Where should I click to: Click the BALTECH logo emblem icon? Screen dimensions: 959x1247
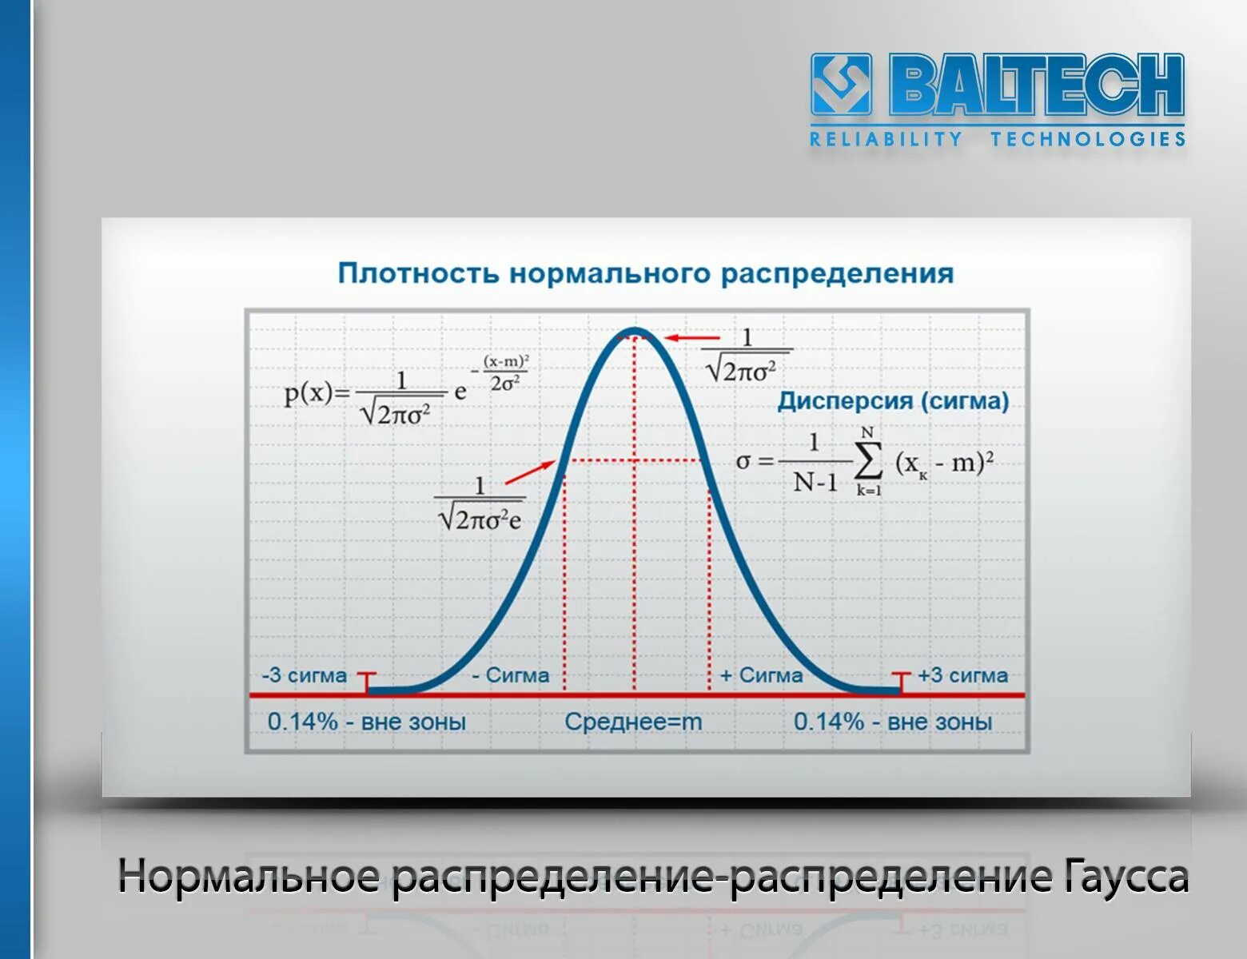(841, 84)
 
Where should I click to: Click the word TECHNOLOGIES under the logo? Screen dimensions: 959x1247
(1087, 139)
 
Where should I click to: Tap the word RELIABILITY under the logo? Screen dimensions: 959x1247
(886, 139)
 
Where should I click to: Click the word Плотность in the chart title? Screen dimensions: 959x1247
(419, 273)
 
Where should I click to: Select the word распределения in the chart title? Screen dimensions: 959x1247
(837, 273)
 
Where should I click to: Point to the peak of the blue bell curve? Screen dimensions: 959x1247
(635, 330)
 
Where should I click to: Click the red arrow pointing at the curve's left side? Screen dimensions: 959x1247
(530, 472)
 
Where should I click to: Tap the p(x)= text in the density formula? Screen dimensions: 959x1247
(317, 392)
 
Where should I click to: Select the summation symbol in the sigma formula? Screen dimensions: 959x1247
(868, 461)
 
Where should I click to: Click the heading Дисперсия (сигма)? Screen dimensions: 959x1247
(893, 400)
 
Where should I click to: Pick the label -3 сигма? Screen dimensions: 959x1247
(305, 675)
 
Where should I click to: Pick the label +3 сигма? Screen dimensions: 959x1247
(962, 675)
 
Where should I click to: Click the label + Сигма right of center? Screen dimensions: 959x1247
(761, 675)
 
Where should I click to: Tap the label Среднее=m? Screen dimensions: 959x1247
(633, 722)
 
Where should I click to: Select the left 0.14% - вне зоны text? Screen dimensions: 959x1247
(366, 722)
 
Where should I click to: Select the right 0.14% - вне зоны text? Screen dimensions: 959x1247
(892, 722)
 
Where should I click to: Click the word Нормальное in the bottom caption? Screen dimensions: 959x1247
(249, 877)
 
